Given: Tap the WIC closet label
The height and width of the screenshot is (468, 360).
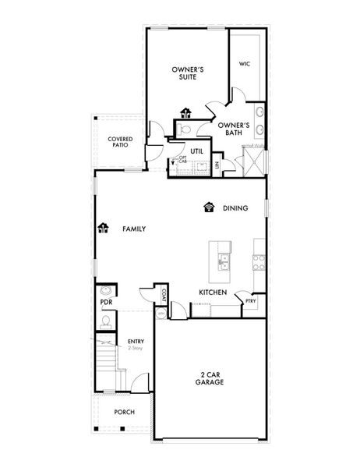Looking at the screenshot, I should point(244,64).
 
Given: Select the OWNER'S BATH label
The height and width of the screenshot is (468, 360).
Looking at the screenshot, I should point(233,129).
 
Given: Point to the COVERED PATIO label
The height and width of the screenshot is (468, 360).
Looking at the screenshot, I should point(120,142).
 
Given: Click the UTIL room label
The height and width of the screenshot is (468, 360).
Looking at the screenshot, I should point(196,151).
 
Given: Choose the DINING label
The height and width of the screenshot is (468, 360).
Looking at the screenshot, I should point(235,208).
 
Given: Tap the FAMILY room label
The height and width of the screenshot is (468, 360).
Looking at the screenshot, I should point(134,229).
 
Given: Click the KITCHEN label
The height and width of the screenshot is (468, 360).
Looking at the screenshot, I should point(212,292).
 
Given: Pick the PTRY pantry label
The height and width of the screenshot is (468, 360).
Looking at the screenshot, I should point(251,301).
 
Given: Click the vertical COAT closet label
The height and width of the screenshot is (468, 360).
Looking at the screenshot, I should point(165,294).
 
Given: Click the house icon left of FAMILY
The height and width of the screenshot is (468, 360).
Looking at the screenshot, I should point(103,229).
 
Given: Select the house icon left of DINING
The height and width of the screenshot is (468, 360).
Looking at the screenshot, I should point(208,207).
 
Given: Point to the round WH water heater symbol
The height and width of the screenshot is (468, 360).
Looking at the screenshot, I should point(162,313).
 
